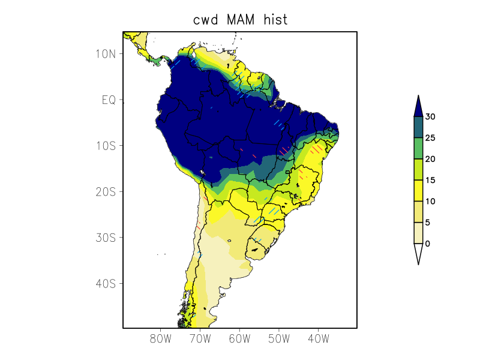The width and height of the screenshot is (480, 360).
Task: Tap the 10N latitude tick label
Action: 105,54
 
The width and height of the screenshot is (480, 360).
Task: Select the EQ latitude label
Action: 108,100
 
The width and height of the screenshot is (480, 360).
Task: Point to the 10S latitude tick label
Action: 105,146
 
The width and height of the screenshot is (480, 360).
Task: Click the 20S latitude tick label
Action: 105,191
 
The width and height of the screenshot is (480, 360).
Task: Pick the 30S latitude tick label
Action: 105,238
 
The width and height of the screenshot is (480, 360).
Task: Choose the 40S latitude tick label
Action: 105,283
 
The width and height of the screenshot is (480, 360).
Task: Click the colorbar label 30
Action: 430,117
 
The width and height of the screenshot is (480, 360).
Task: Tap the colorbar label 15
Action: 430,181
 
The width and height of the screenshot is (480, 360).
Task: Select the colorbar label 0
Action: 428,244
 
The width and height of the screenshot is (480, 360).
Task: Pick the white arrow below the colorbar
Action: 418,253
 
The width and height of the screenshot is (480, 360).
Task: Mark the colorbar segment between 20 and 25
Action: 418,148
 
